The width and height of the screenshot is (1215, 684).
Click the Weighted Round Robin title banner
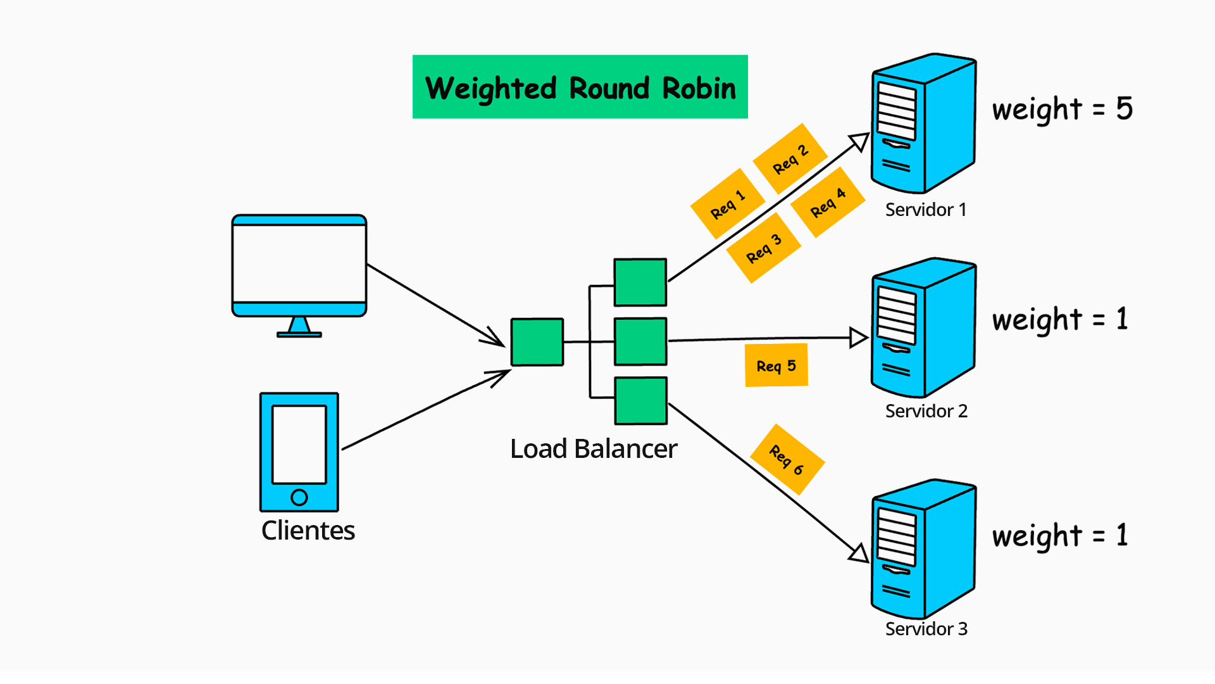[580, 87]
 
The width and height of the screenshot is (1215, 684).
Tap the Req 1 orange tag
[727, 203]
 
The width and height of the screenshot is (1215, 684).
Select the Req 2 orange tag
[790, 158]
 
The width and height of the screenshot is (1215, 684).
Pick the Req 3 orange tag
[764, 248]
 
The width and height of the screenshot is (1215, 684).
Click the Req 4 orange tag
[828, 202]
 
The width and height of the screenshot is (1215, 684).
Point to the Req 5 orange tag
[776, 365]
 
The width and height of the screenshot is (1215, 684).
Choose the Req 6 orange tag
[787, 459]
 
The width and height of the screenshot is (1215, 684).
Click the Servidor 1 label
[925, 210]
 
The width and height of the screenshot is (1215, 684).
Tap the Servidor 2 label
[926, 411]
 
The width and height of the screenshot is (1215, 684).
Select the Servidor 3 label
[926, 629]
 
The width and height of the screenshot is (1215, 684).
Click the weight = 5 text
[1062, 110]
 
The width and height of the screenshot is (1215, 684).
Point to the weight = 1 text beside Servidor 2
[1060, 320]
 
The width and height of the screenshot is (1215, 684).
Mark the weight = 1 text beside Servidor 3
[1060, 536]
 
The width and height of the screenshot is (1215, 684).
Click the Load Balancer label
[594, 449]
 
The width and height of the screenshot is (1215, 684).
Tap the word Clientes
[308, 531]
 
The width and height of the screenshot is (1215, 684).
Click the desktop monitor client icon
[299, 266]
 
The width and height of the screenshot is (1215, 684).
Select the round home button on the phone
[299, 497]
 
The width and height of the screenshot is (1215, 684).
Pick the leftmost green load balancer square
[537, 342]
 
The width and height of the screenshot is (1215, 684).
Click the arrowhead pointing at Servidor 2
[858, 338]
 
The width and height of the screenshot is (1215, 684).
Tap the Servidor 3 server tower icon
[923, 549]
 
